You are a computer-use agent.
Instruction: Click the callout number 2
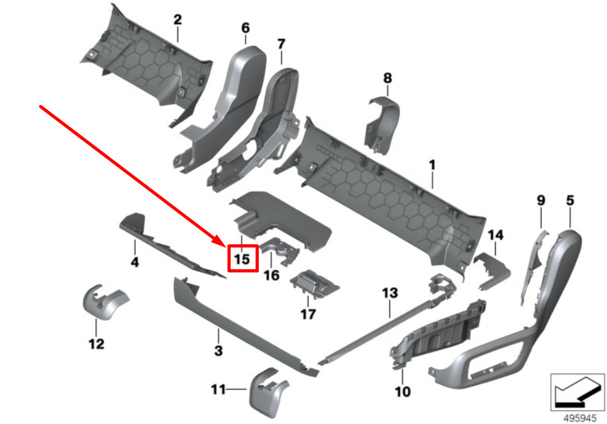click(x=178, y=20)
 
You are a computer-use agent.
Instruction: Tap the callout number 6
click(x=245, y=28)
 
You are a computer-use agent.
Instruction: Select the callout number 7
click(x=280, y=44)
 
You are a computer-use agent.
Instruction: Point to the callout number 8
click(x=387, y=78)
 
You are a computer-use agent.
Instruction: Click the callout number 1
click(x=432, y=165)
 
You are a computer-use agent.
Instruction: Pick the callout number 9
click(x=541, y=201)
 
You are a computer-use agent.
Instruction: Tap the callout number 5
click(x=571, y=201)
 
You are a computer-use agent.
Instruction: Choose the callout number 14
click(x=496, y=235)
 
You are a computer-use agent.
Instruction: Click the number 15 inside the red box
click(x=241, y=260)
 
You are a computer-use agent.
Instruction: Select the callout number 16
click(x=272, y=275)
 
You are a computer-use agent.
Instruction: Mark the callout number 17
click(x=308, y=314)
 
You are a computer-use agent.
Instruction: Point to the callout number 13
click(x=390, y=293)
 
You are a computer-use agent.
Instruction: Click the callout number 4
click(x=135, y=262)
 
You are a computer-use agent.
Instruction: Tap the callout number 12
click(x=96, y=344)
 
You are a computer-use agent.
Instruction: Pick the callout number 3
click(x=218, y=350)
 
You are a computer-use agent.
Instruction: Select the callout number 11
click(x=219, y=388)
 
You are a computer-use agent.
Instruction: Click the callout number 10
click(x=403, y=391)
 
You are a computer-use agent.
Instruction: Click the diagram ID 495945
click(x=578, y=415)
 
